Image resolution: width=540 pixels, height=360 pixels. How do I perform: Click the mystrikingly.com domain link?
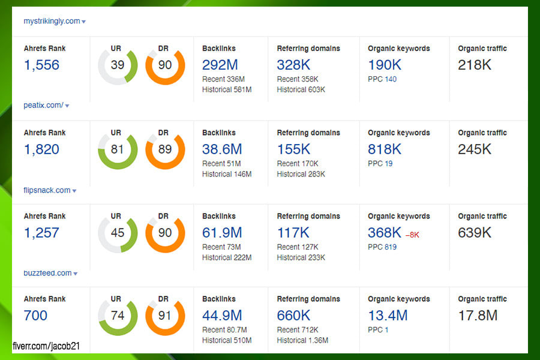tap(52, 21)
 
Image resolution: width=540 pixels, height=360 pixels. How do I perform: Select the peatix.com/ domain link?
tap(43, 105)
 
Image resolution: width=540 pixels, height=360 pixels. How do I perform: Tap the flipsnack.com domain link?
tap(47, 190)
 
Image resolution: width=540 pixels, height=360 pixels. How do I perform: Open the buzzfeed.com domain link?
tap(47, 273)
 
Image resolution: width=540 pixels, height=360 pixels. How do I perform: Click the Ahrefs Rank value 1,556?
tap(41, 65)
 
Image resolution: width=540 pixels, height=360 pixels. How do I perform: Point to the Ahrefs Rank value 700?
tap(35, 315)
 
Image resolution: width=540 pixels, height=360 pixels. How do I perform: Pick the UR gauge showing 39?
tap(118, 65)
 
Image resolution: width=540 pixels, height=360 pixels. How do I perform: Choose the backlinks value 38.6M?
tap(223, 149)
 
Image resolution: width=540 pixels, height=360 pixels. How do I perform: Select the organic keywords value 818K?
tap(385, 149)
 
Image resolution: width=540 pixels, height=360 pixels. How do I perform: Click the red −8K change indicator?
tap(412, 235)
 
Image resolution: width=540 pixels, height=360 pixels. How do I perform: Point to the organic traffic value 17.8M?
tap(478, 315)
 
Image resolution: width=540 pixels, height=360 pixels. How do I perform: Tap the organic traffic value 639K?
tap(475, 233)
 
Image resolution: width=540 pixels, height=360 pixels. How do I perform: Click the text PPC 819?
tap(382, 247)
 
